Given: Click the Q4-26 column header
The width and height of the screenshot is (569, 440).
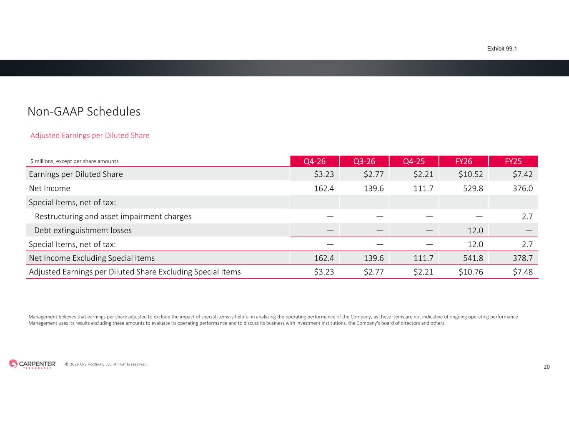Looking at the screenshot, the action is click(x=314, y=161).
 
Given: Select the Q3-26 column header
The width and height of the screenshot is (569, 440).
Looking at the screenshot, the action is click(x=364, y=161).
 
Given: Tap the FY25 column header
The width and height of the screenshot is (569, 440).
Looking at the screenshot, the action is click(x=513, y=161).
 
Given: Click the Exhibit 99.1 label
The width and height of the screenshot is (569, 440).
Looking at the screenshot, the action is click(x=502, y=49).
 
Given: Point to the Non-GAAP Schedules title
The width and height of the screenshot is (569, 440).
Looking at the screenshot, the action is click(x=84, y=112).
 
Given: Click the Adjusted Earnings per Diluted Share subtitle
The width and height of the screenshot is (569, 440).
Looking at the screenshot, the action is click(x=90, y=136).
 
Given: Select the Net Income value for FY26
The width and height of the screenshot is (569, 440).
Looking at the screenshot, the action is click(x=473, y=189).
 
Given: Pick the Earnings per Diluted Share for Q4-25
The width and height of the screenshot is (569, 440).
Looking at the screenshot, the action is click(x=423, y=174).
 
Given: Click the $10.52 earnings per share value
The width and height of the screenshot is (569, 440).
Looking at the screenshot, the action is click(x=471, y=174).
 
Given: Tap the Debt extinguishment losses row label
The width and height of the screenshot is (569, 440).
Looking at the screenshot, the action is click(x=83, y=231).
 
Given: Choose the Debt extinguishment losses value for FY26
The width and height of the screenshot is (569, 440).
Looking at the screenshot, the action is click(x=475, y=231).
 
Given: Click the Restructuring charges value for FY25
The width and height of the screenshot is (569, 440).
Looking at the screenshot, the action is click(x=527, y=216).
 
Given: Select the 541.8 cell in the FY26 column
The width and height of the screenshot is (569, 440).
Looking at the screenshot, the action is click(x=473, y=258).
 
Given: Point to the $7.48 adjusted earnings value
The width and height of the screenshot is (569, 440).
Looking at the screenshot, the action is click(x=523, y=272).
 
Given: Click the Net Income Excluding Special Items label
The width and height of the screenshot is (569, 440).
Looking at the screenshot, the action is click(x=92, y=258).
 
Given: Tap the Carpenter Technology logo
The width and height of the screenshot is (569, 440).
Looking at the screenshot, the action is click(x=33, y=364).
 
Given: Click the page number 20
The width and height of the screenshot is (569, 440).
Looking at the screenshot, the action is click(x=547, y=367).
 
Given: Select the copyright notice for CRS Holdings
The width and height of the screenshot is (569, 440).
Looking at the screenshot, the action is click(x=106, y=365).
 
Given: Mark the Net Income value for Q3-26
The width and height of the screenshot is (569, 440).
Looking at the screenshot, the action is click(x=373, y=189).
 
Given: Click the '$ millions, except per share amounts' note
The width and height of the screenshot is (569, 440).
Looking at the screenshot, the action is click(x=74, y=161).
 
